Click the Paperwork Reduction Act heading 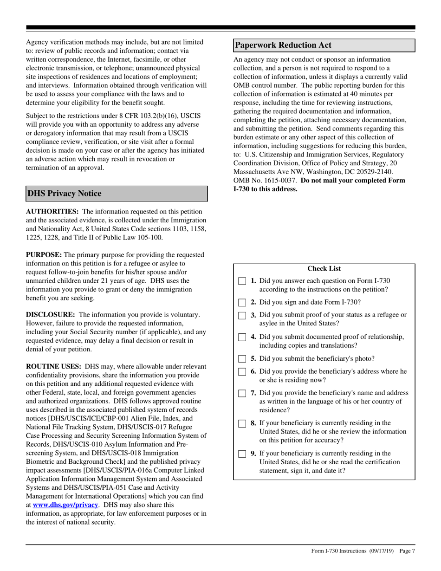tap(283, 45)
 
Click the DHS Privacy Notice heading tap(64, 194)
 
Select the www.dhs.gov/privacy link tap(65, 505)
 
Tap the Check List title tap(324, 269)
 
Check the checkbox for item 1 tap(242, 281)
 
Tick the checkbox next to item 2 tap(242, 303)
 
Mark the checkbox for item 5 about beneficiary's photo tap(242, 359)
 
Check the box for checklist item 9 tap(242, 454)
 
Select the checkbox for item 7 tap(242, 394)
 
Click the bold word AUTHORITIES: tap(52, 212)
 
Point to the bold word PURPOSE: tap(44, 255)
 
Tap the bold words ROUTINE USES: tap(53, 367)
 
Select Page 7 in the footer tap(407, 551)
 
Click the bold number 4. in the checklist tap(254, 337)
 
